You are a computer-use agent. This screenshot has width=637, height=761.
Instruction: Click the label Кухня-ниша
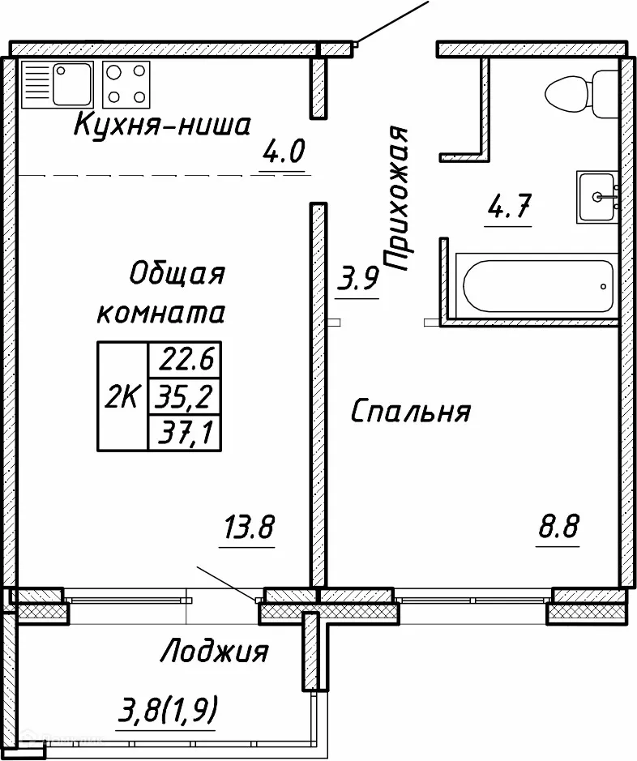point(163,126)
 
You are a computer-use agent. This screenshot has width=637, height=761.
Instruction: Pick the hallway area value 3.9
point(357,280)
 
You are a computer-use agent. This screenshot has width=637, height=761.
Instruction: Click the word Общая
point(176,274)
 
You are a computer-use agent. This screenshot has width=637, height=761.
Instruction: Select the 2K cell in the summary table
point(122,397)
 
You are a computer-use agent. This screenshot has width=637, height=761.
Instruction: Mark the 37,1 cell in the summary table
point(185,434)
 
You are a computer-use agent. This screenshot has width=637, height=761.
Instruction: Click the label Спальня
point(410,413)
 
